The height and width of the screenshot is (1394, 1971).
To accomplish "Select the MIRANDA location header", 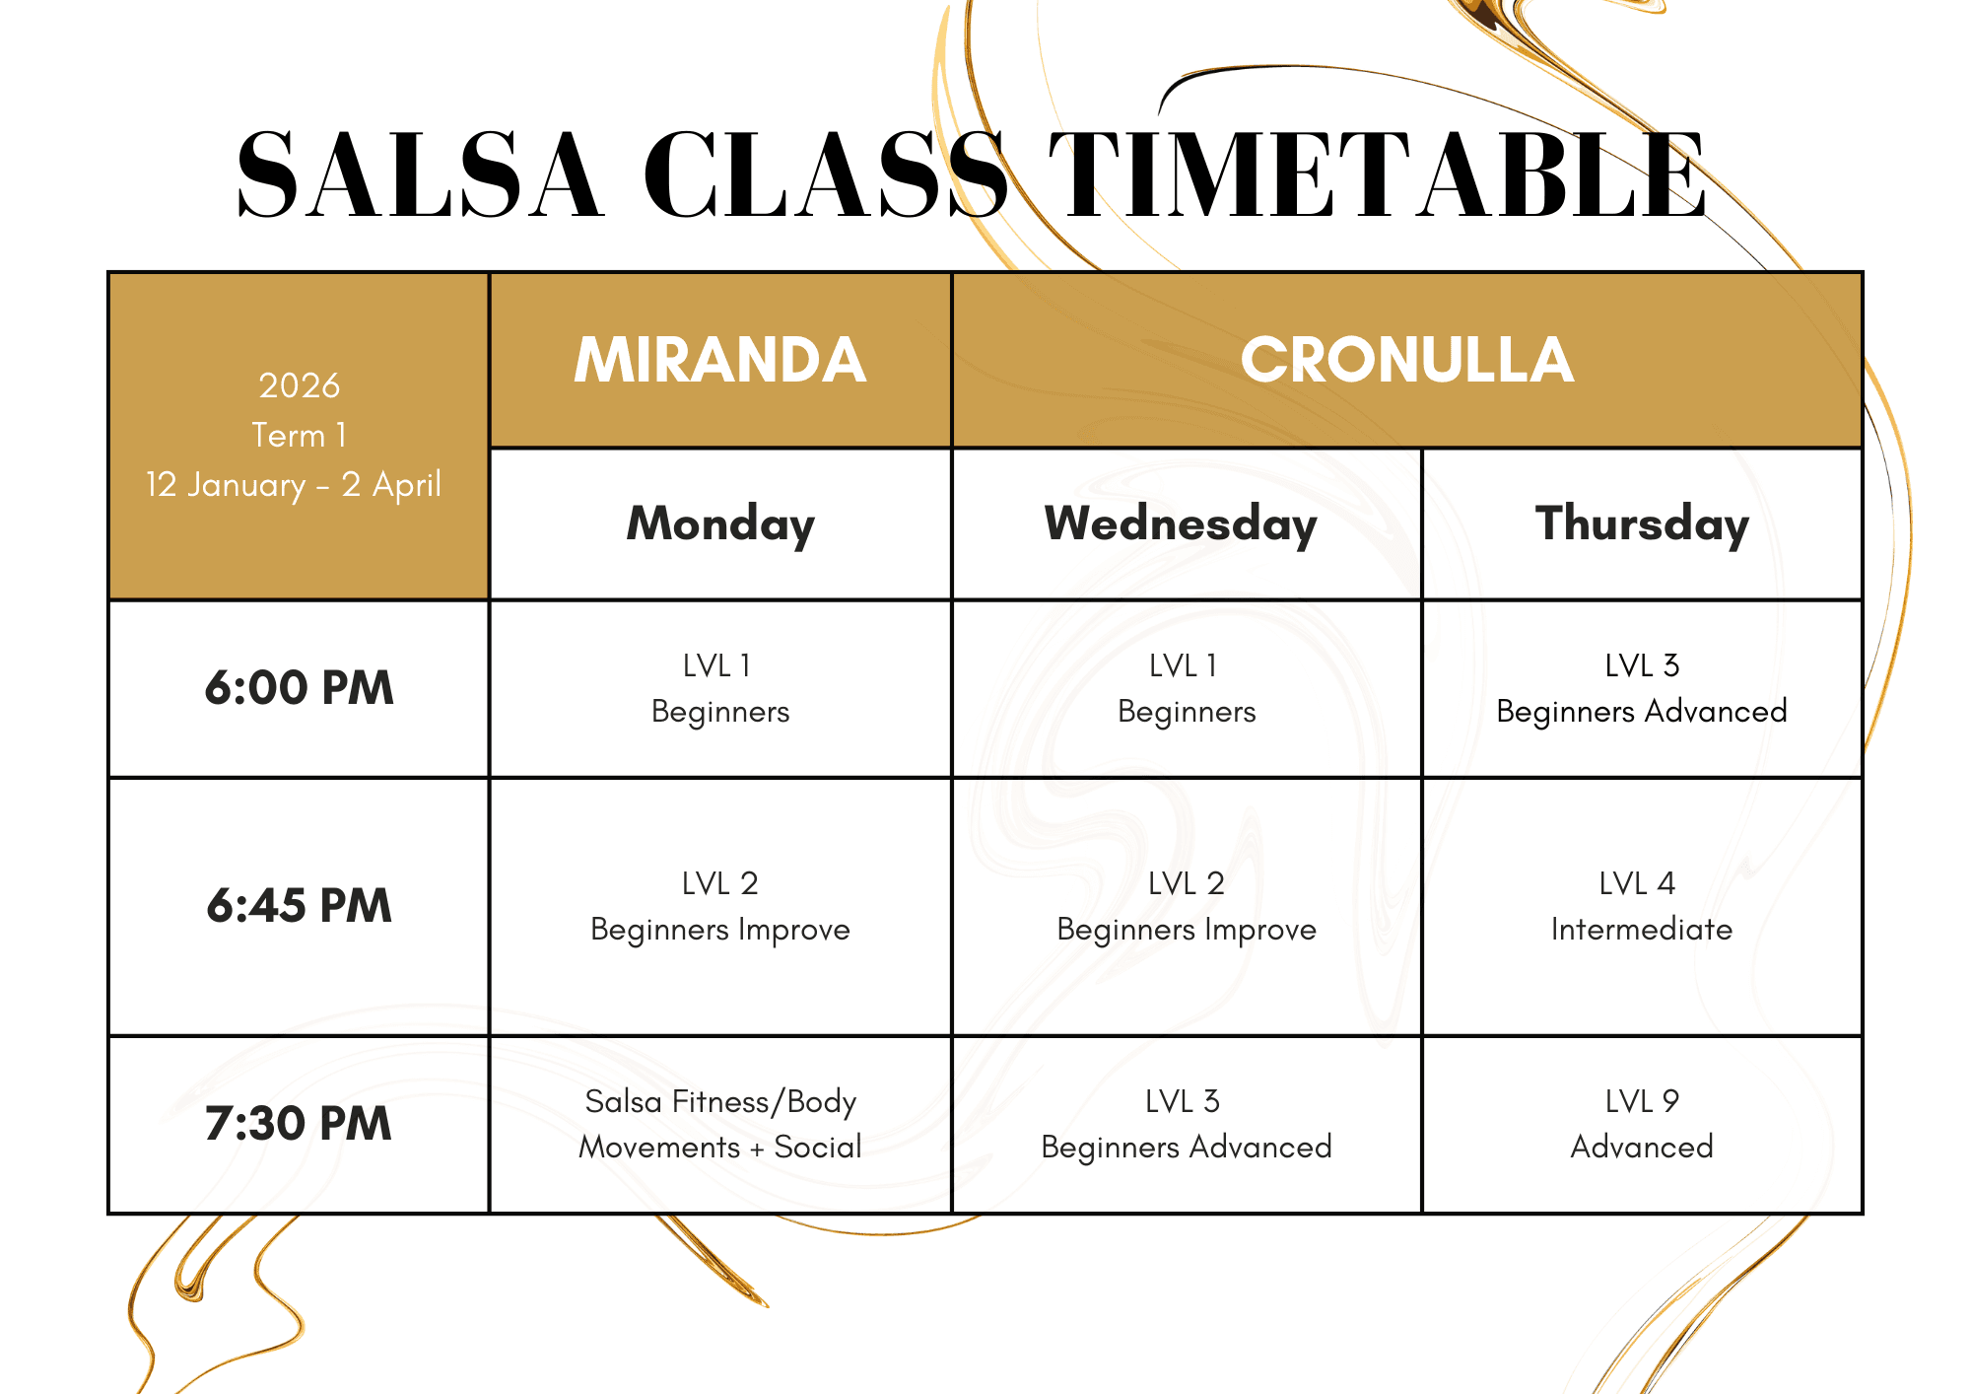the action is point(720,359).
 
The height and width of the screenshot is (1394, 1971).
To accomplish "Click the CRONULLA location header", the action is point(1407,359).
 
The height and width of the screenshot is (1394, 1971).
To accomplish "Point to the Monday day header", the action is point(720,524).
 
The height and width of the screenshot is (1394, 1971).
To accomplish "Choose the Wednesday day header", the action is point(1181,524).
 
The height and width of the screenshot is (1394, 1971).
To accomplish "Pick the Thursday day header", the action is point(1642,524).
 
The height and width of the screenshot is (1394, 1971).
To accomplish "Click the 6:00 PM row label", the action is point(299,688).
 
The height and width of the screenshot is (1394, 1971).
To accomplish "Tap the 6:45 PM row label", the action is point(299,906).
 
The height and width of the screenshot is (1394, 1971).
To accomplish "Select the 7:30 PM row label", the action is point(299,1124).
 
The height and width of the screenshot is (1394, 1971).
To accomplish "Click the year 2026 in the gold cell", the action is point(299,385).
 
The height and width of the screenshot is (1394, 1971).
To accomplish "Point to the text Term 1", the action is point(299,435).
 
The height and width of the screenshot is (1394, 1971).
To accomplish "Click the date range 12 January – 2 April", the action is point(294,485).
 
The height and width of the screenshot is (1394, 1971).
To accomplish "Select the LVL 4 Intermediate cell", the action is point(1642,906).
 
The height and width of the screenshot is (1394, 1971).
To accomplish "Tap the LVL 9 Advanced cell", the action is point(1642,1124).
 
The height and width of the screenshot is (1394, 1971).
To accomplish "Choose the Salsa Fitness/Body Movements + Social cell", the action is point(720,1124).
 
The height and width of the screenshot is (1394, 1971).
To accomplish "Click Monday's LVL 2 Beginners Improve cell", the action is point(720,906).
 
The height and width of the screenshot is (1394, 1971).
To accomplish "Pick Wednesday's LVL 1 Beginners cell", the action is point(1187,688).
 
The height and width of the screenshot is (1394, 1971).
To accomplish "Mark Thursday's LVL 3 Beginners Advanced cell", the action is point(1642,688).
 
